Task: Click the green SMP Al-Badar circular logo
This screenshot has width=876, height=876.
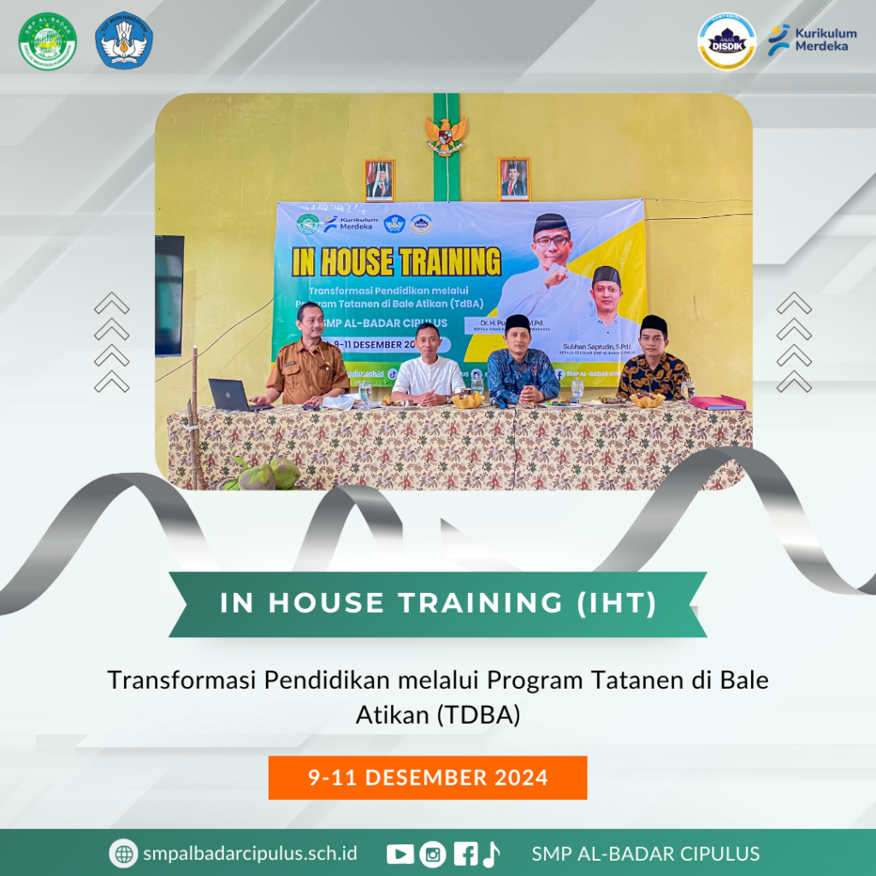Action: [48, 40]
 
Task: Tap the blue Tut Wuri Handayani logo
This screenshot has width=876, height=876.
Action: [125, 40]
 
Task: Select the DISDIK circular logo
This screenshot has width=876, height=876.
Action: [726, 40]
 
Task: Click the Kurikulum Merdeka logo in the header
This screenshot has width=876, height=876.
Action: [808, 39]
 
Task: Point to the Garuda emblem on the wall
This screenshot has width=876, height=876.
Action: [447, 133]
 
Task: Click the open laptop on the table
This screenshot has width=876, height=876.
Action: [231, 396]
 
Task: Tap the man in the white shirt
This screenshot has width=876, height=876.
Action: [428, 366]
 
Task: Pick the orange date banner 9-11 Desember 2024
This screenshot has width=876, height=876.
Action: [428, 778]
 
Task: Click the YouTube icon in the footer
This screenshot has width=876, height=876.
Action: [400, 854]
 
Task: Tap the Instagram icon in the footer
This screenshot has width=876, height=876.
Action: [434, 854]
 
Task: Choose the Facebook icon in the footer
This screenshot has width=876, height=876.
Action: [465, 854]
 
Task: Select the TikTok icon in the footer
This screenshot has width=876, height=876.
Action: [491, 854]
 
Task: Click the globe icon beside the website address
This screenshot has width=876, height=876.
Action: [124, 854]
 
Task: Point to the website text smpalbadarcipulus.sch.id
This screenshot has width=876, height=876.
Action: [250, 854]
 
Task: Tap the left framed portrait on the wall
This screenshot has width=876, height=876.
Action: [380, 181]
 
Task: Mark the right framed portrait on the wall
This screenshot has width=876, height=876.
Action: [514, 180]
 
